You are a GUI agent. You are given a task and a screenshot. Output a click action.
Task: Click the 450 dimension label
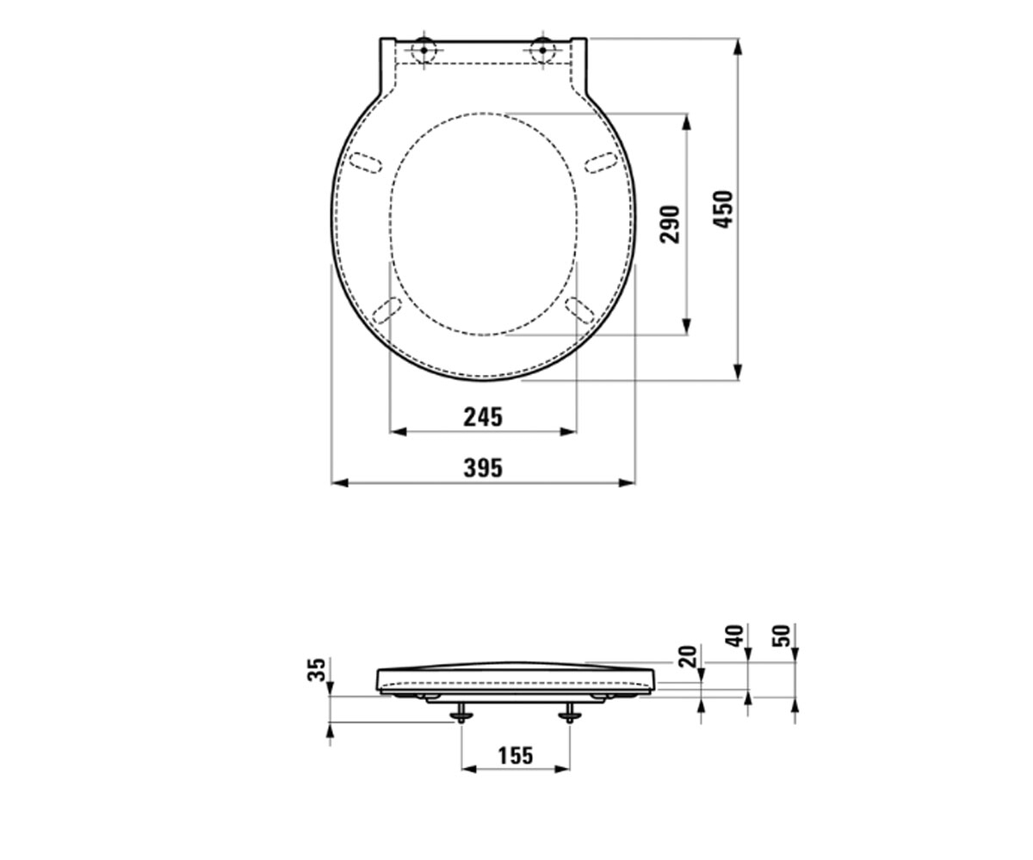point(723,209)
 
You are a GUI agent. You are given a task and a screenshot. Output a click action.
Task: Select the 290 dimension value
point(670,224)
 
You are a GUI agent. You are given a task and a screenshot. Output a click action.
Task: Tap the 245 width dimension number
point(483,417)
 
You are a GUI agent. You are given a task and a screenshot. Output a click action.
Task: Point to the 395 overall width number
point(483,468)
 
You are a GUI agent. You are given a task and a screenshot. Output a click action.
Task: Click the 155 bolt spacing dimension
point(516,755)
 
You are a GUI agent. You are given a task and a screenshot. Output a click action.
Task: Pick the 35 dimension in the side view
point(317,670)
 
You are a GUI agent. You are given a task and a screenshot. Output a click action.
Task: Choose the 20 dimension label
point(688,656)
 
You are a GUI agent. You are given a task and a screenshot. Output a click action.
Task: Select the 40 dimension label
point(734,636)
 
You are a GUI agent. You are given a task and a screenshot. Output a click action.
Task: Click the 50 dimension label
point(782,636)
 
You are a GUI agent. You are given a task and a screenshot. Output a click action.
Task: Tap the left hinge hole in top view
point(424,51)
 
